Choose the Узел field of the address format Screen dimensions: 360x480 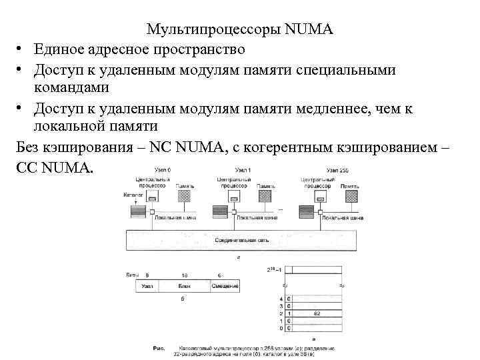click(147, 286)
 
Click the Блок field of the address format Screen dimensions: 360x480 click(185, 286)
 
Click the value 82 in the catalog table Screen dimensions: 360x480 click(317, 313)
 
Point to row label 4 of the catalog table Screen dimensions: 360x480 click(281, 298)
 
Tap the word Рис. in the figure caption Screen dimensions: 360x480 click(159, 347)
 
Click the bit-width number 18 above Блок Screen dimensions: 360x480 click(184, 275)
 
